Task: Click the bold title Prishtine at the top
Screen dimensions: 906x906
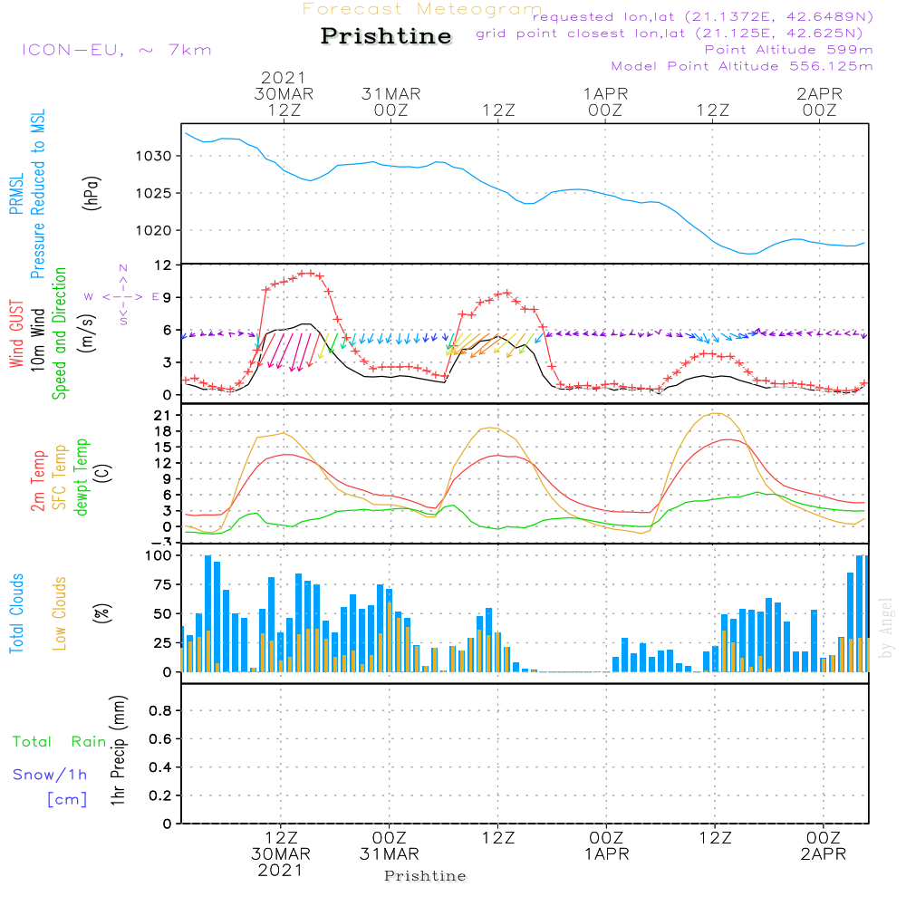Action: tap(386, 36)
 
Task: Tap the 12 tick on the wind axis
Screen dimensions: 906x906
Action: tap(163, 265)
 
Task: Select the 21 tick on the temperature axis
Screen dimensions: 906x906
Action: tap(164, 415)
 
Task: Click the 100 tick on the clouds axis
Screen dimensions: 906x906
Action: tap(159, 555)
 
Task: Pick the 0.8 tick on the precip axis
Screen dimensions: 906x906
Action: tap(160, 711)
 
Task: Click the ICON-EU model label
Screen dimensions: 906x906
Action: tap(116, 50)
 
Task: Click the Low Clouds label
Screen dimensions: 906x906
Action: tap(61, 613)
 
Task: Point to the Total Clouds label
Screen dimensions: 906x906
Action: tap(17, 613)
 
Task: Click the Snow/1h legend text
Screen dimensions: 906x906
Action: tap(51, 775)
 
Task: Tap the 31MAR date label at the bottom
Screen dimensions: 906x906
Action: tap(390, 854)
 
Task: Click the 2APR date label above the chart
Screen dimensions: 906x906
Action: tap(819, 93)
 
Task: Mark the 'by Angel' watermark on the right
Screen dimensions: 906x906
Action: tap(886, 634)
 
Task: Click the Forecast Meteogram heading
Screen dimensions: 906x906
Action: tap(422, 9)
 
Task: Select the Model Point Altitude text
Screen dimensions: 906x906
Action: tap(742, 66)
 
